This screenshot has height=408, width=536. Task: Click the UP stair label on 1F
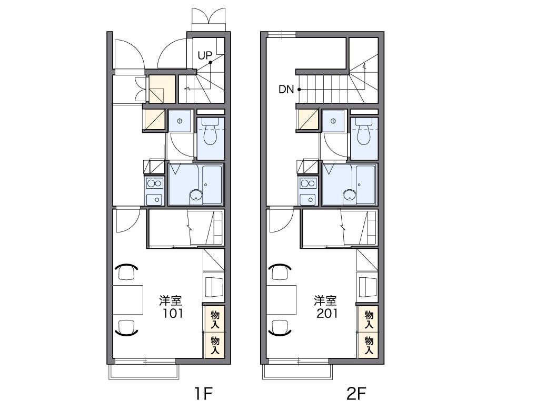click(205, 55)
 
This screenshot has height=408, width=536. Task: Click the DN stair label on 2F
click(286, 90)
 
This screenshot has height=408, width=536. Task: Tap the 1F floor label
click(204, 394)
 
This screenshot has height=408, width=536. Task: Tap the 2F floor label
click(356, 394)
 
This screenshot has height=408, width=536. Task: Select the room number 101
click(172, 313)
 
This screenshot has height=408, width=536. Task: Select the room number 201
click(327, 313)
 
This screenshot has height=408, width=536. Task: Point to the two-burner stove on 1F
click(154, 183)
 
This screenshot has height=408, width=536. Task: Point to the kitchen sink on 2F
click(308, 199)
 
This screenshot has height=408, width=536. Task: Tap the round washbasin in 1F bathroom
click(196, 195)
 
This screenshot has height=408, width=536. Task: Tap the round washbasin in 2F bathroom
click(350, 195)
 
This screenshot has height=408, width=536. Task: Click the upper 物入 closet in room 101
click(214, 319)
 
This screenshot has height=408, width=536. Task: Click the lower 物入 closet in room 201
click(368, 345)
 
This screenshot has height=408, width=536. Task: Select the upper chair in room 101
click(127, 272)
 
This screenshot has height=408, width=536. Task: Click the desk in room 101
click(128, 299)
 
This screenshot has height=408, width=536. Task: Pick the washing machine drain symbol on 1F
click(180, 121)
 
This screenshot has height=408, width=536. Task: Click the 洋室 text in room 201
click(325, 300)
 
